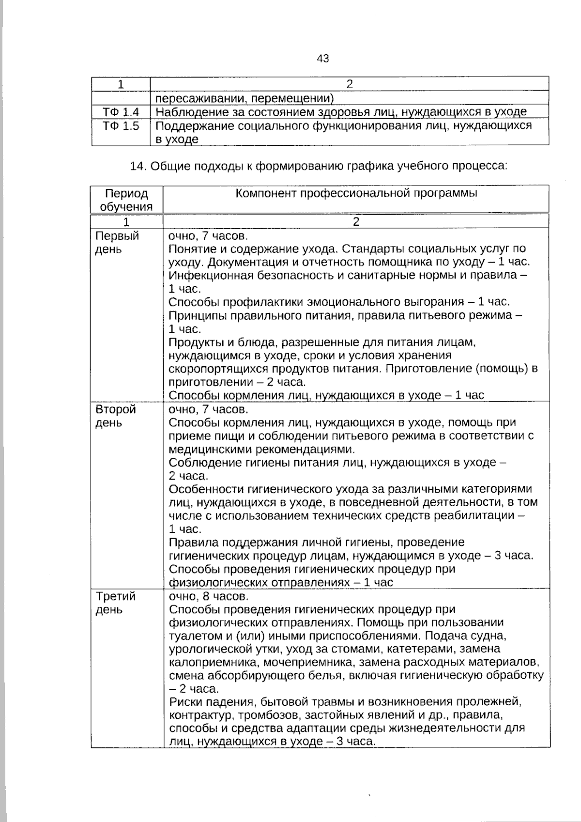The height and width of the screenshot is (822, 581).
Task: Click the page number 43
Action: click(x=323, y=59)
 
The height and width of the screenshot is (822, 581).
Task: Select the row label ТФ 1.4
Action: click(x=121, y=112)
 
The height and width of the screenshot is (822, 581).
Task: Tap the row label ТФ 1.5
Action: click(x=121, y=126)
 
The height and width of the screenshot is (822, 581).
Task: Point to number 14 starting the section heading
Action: click(x=138, y=166)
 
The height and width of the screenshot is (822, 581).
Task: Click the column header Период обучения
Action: click(x=126, y=200)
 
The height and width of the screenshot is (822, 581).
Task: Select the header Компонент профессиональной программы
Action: click(x=356, y=193)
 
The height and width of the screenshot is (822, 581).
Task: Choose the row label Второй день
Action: click(x=116, y=416)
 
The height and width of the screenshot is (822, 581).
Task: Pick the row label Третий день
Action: click(x=115, y=603)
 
